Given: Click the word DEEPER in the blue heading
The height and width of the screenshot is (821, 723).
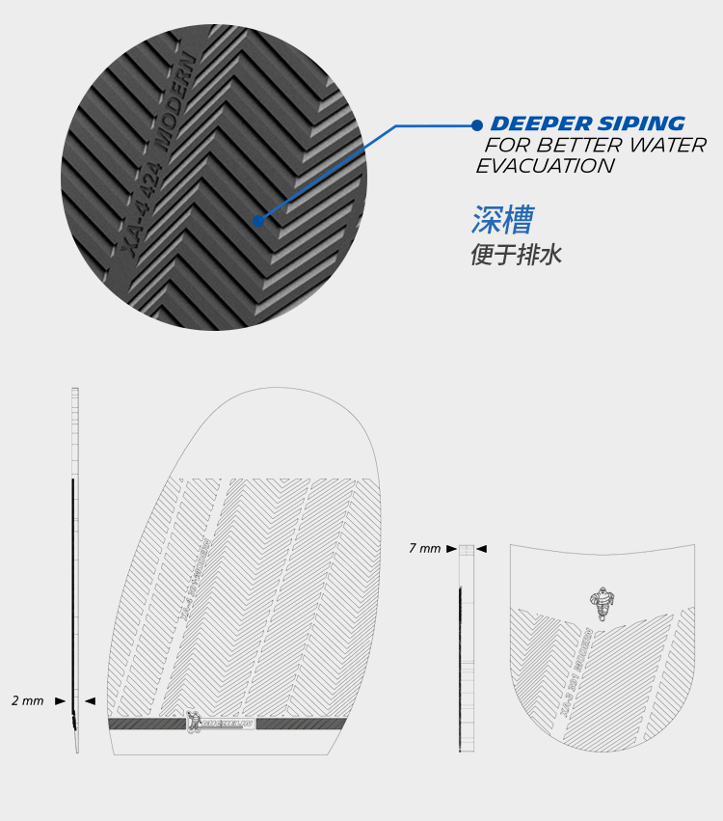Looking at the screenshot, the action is point(540,124).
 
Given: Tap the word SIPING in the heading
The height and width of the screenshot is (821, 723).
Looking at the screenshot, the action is point(640,124).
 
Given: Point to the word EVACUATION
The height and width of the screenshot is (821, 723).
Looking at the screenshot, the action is point(545,166).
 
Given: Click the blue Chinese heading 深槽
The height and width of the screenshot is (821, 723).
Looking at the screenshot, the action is point(501,220).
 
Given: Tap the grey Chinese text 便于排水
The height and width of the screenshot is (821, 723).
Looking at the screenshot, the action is point(516,256).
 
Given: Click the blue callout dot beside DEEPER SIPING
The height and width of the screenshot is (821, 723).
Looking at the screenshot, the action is point(476,124).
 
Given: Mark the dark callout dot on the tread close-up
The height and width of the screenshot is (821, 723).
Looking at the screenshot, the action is point(258,220).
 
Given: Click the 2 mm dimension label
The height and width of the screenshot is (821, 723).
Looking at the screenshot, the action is point(27,700).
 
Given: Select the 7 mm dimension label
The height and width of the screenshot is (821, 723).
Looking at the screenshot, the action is point(424,548).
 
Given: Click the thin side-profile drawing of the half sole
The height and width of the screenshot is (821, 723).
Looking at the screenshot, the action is point(75,569).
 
